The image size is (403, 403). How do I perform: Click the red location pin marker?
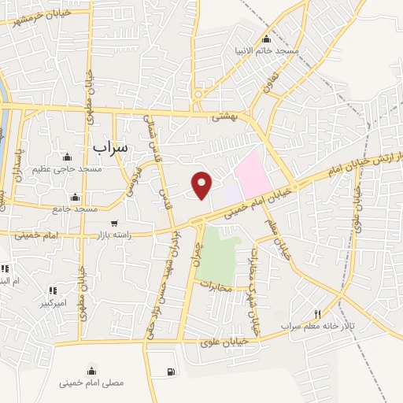point(202,185)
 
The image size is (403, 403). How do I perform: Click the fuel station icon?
point(171,371)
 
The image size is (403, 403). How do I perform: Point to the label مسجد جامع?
point(76,209)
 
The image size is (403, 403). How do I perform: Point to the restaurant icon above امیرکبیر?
point(54,290)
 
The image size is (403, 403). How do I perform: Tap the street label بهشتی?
point(224,115)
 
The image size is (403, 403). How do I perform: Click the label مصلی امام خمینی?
point(91,383)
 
